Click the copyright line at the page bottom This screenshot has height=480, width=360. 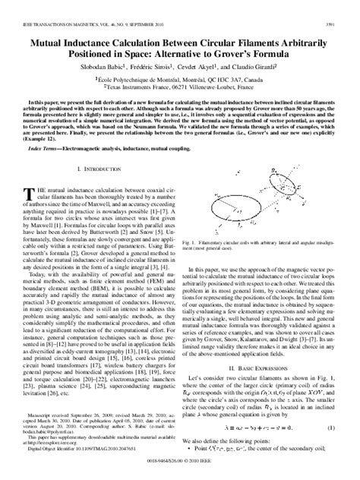click(179, 472)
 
